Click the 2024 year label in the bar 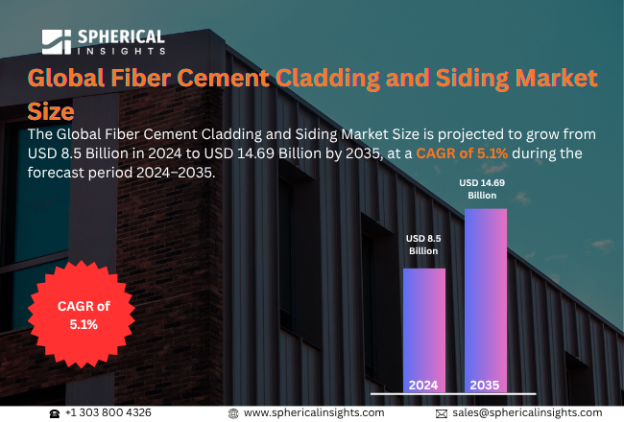coord(423,385)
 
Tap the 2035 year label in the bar coord(485,385)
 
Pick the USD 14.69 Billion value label coord(482,189)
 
